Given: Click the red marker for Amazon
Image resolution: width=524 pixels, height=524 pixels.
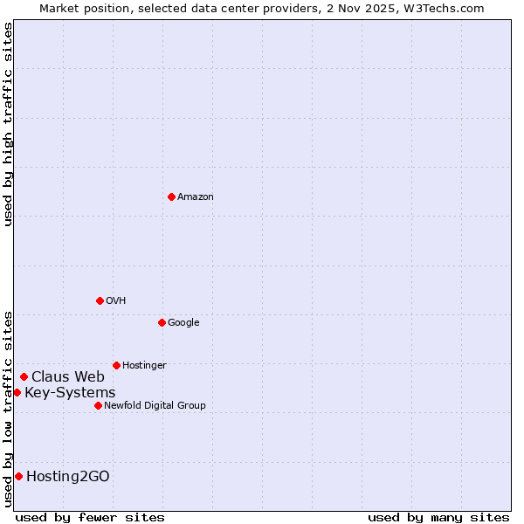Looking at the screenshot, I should [171, 196].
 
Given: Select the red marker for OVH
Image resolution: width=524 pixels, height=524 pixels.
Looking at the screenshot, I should [100, 300].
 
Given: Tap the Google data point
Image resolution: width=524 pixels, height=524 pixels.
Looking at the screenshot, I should [162, 322].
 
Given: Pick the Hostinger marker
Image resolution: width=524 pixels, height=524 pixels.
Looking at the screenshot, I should [116, 365].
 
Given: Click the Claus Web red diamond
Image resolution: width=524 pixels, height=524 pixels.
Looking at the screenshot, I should [24, 376].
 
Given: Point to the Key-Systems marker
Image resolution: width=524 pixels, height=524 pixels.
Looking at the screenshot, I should [17, 392].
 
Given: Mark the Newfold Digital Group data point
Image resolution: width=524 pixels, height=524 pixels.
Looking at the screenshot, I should [98, 405].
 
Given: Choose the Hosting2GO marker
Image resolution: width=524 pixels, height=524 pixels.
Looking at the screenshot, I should [18, 476].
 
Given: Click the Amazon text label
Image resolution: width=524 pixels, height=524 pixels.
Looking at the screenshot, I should [196, 197].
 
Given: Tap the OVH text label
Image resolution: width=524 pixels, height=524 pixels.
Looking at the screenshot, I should [116, 301].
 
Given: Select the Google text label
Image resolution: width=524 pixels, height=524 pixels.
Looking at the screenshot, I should [183, 323].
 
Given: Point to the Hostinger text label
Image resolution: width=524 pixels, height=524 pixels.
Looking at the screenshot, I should [144, 366].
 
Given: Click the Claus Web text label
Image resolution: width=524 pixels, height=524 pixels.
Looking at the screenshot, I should [68, 377].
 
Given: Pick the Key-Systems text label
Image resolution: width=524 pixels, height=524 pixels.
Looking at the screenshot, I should [70, 393].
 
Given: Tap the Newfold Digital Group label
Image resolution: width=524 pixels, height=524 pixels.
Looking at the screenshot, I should [155, 406].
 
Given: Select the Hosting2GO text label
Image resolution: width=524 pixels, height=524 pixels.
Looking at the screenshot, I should [68, 477].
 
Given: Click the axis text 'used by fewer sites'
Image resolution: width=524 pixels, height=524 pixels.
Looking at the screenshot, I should [90, 517].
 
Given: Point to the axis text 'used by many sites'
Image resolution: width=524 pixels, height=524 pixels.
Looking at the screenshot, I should [438, 517].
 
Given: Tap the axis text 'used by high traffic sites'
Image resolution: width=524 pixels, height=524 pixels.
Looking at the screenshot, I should [9, 124].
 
